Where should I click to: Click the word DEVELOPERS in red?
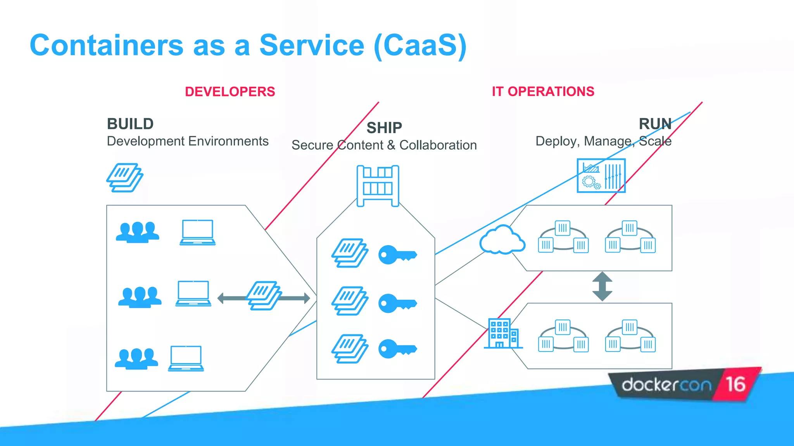pos(230,92)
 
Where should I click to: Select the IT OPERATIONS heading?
pos(543,91)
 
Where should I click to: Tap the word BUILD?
pos(130,124)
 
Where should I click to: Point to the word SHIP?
pos(384,128)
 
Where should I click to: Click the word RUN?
pos(655,124)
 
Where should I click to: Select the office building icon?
pos(502,333)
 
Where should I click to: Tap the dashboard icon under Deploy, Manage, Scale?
pos(601,175)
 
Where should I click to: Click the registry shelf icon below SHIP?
pos(378,186)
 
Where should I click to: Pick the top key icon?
pos(397,255)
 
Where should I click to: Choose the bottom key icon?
pos(397,349)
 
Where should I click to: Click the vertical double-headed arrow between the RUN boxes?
pos(602,286)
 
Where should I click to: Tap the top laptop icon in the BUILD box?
pos(197,232)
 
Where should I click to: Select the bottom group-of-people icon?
pos(136,359)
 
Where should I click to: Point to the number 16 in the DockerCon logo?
pos(735,384)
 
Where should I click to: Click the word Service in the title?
pos(312,45)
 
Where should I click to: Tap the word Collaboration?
pos(438,145)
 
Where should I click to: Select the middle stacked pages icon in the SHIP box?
pos(350,301)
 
